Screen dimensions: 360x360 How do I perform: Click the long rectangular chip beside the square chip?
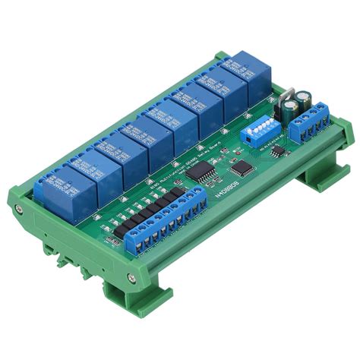[200, 174]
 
